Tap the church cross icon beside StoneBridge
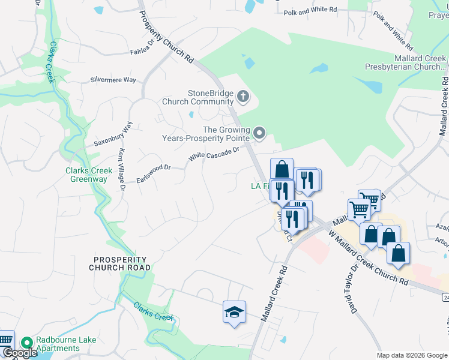[243, 95]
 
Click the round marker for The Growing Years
[259, 133]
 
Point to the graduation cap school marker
[235, 312]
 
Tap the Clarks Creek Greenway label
[89, 175]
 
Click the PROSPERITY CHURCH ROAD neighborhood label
[120, 263]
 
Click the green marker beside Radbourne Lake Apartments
[26, 343]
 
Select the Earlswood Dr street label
[154, 167]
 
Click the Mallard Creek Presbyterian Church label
[406, 63]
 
